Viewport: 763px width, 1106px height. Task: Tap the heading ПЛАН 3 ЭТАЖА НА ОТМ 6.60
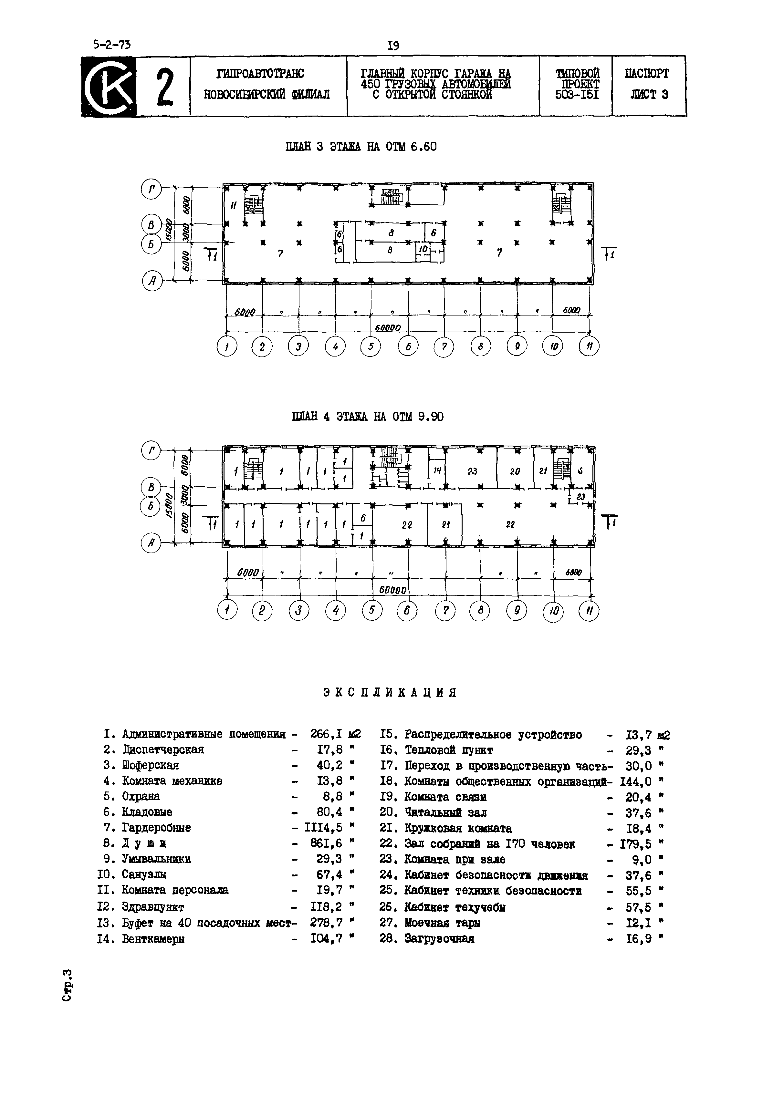pyautogui.click(x=361, y=147)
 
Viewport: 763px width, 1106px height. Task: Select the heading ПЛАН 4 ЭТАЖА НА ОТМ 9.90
pyautogui.click(x=368, y=417)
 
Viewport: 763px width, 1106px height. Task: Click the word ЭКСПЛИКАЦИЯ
pyautogui.click(x=390, y=693)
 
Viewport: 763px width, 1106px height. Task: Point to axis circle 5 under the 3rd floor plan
pyautogui.click(x=371, y=346)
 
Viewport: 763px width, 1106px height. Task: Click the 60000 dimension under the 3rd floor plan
pyautogui.click(x=387, y=328)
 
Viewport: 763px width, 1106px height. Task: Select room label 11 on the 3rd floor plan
pyautogui.click(x=233, y=206)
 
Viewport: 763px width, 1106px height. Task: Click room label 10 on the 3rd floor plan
pyautogui.click(x=423, y=250)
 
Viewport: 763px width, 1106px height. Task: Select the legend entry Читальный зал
pyautogui.click(x=445, y=812)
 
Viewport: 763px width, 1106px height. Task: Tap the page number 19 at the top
pyautogui.click(x=393, y=46)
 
